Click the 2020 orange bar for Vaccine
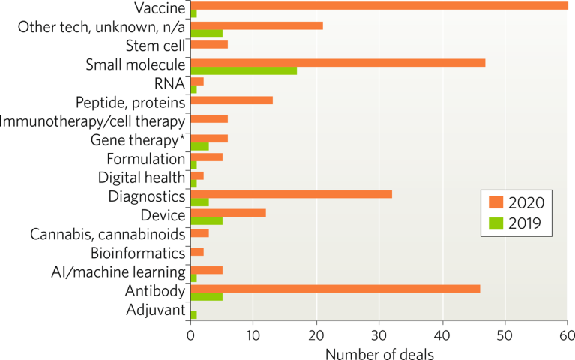pos(379,6)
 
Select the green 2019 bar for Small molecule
pos(244,71)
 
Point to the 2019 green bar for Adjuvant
pos(193,314)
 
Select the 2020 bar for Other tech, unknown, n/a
pos(257,25)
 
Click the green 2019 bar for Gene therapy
pos(200,146)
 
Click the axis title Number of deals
pos(379,350)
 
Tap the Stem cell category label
pos(155,46)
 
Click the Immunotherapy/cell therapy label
pos(93,120)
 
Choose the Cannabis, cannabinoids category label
pos(108,233)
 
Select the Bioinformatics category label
pos(138,252)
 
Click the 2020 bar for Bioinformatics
pos(197,250)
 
